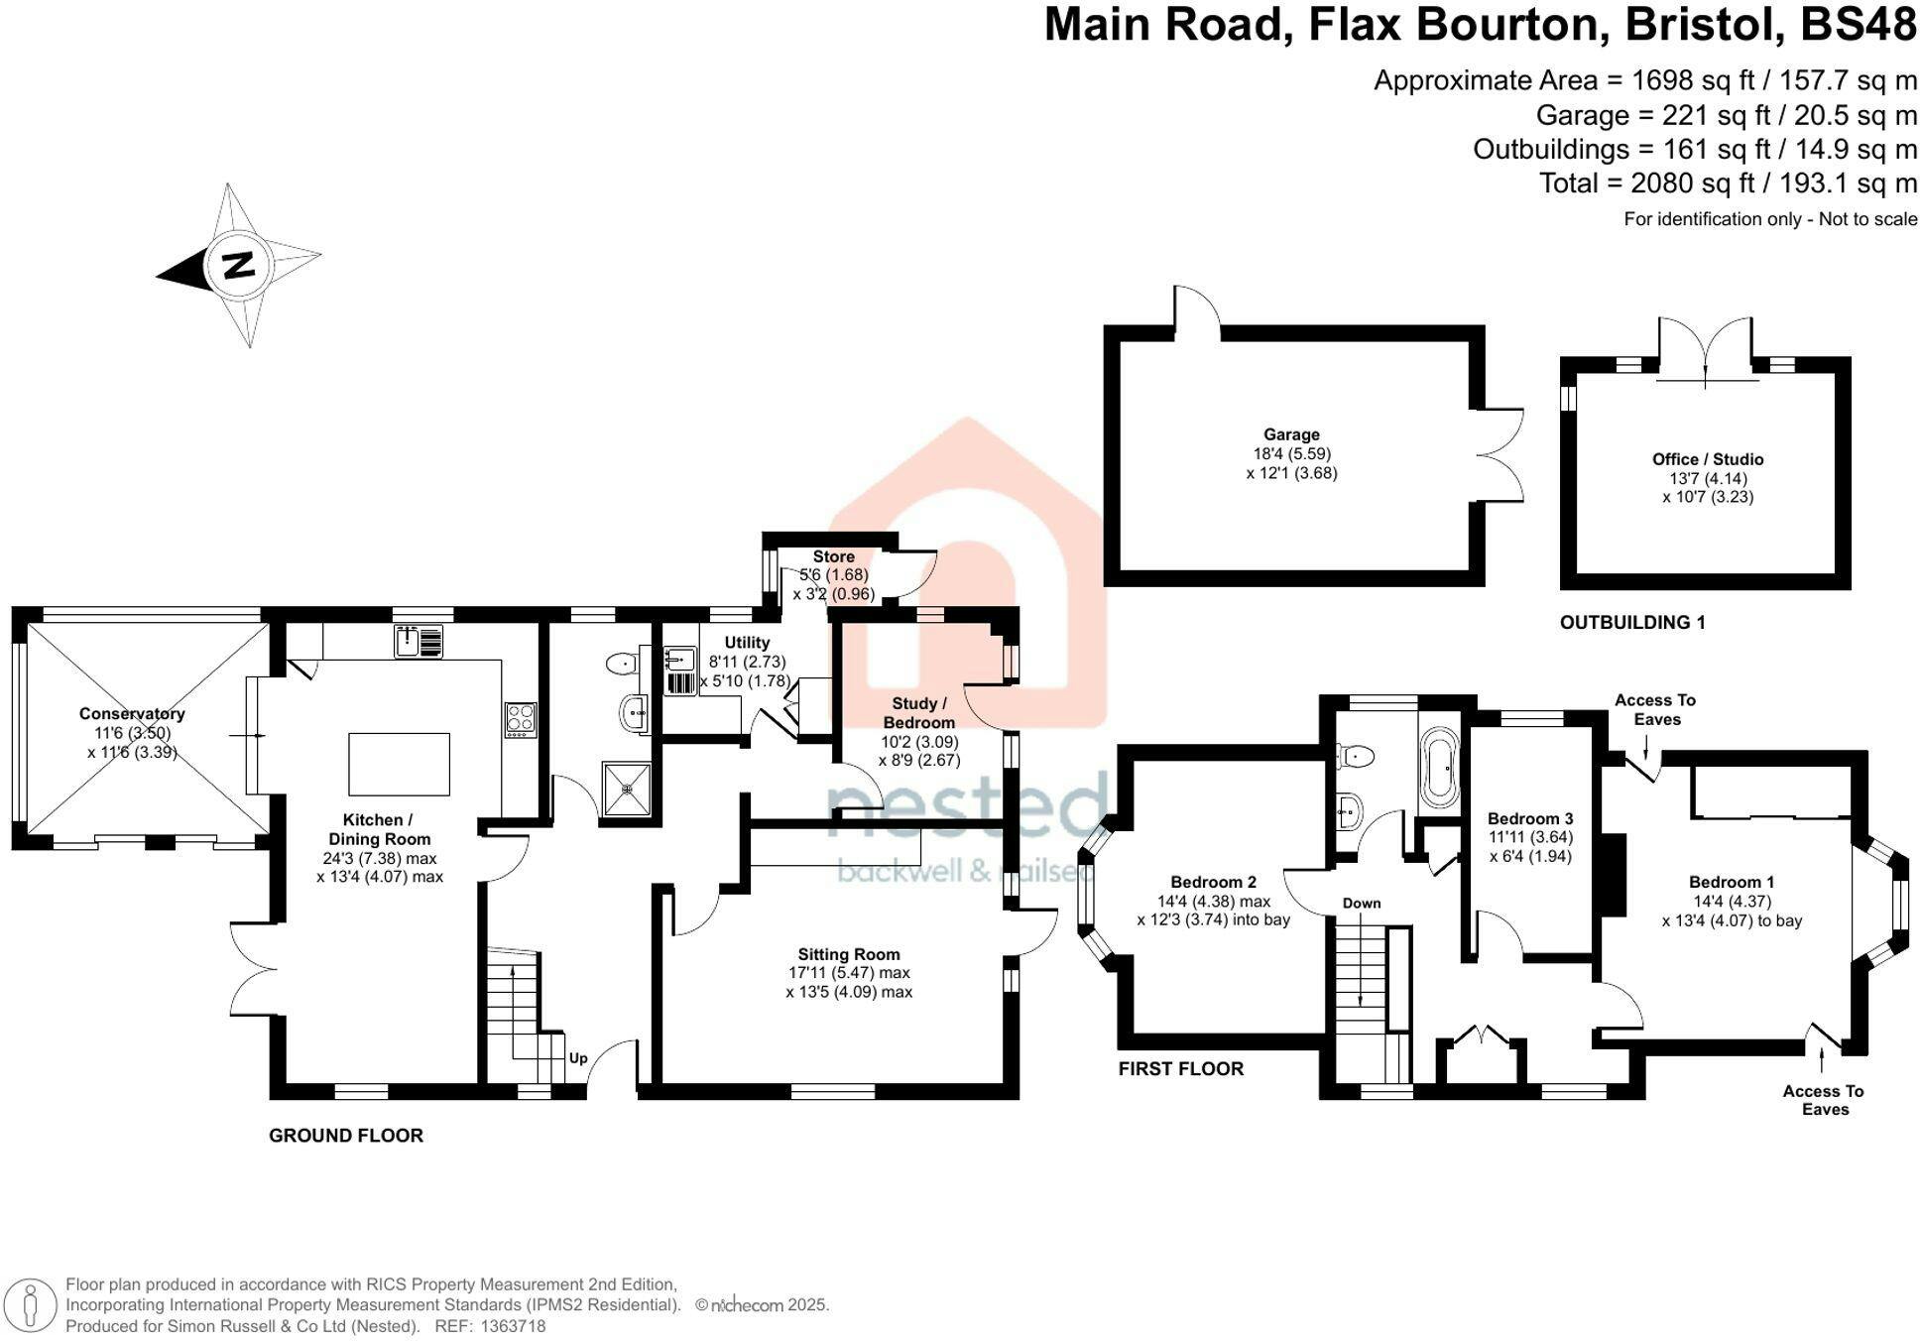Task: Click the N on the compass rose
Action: [x=238, y=265]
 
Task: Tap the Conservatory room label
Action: [x=132, y=713]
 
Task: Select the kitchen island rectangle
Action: [x=400, y=764]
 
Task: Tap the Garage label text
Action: [x=1291, y=434]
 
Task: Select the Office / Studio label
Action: [x=1708, y=459]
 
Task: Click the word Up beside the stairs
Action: [x=578, y=1058]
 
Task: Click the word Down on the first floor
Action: [x=1362, y=904]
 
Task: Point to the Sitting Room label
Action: [x=849, y=954]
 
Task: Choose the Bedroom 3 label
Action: [x=1530, y=818]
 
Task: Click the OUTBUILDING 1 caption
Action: [x=1632, y=623]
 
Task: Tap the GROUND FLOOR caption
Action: [x=346, y=1136]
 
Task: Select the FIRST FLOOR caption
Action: [x=1180, y=1068]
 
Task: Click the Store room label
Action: [x=833, y=556]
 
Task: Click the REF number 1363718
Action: [x=513, y=1326]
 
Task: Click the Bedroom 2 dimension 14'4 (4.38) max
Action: [x=1214, y=901]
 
